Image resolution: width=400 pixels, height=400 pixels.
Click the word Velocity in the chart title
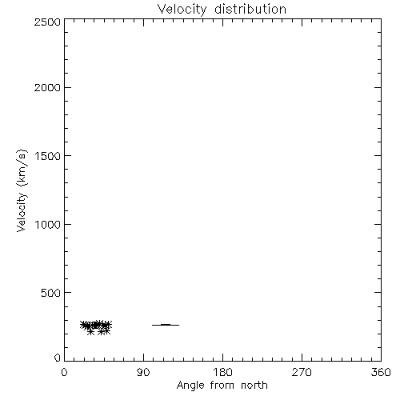pyautogui.click(x=182, y=10)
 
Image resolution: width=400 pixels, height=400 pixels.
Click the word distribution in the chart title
pyautogui.click(x=250, y=9)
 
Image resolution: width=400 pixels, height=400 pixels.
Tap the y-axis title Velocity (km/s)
pyautogui.click(x=22, y=191)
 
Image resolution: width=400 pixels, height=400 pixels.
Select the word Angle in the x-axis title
pyautogui.click(x=190, y=386)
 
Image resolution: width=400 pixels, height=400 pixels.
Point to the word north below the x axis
pyautogui.click(x=254, y=385)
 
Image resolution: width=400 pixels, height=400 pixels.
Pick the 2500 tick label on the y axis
pyautogui.click(x=48, y=22)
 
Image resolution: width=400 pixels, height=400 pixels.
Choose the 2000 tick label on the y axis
pyautogui.click(x=48, y=87)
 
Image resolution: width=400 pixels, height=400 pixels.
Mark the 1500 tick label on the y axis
pyautogui.click(x=48, y=156)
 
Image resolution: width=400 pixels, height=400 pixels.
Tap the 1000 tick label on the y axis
pyautogui.click(x=48, y=225)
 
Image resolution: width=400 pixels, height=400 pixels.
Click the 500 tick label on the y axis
pyautogui.click(x=51, y=293)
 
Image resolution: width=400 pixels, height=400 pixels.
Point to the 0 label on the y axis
pyautogui.click(x=58, y=358)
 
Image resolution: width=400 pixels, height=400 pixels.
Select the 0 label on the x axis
pyautogui.click(x=64, y=372)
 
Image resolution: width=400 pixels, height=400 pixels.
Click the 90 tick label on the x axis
pyautogui.click(x=143, y=372)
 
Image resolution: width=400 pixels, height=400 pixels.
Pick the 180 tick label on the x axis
pyautogui.click(x=222, y=372)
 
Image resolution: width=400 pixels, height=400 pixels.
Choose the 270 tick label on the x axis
pyautogui.click(x=302, y=372)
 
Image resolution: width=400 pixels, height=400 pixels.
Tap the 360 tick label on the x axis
pyautogui.click(x=381, y=372)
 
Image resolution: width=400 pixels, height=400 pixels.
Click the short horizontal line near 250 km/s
pyautogui.click(x=166, y=325)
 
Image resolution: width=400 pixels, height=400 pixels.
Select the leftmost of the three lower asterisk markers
pyautogui.click(x=90, y=332)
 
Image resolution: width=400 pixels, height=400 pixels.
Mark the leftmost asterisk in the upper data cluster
pyautogui.click(x=83, y=324)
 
